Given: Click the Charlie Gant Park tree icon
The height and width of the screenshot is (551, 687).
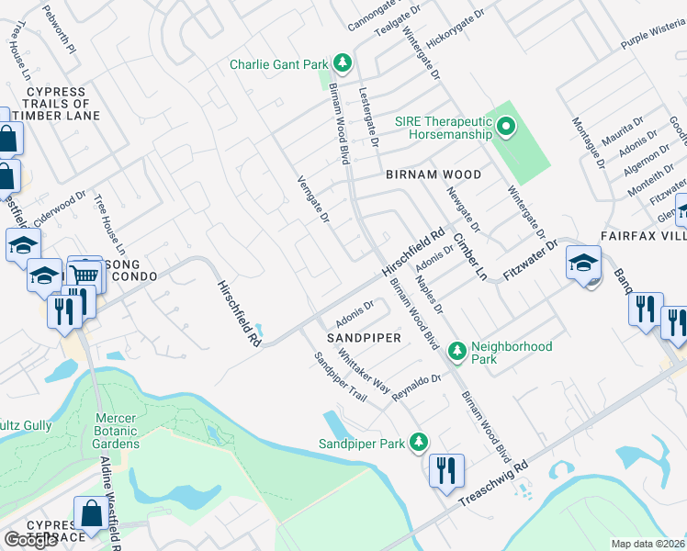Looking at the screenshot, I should click(x=343, y=63).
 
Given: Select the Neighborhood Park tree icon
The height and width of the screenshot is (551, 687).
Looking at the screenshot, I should click(x=456, y=351).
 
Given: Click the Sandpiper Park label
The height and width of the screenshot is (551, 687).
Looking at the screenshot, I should click(x=361, y=444).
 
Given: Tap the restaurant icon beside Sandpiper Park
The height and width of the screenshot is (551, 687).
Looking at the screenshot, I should click(x=446, y=469).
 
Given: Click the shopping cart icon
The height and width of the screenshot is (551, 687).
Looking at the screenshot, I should click(x=84, y=273).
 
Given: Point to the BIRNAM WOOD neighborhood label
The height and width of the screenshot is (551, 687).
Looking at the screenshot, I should click(x=433, y=174).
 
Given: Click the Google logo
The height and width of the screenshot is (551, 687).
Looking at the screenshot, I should click(x=30, y=539).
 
